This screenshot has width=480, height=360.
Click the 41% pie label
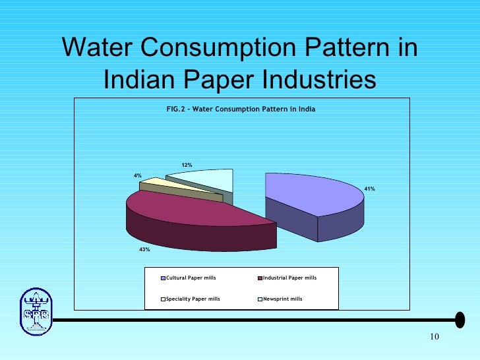[370, 189]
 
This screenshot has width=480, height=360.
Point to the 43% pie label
[144, 249]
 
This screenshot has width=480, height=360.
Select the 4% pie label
[138, 175]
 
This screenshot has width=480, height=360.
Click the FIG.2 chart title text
[241, 108]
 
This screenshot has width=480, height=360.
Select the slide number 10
[433, 338]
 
